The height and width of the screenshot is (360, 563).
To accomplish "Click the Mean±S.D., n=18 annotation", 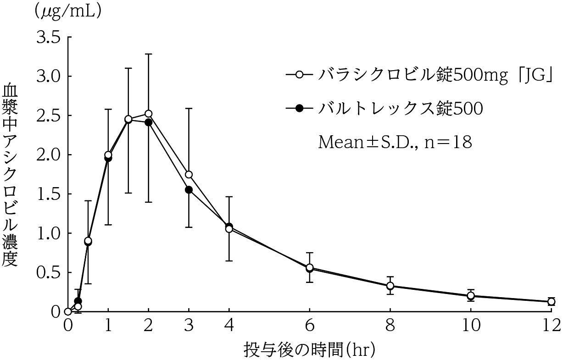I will [395, 142].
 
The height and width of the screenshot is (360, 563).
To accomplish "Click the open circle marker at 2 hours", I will [148, 114].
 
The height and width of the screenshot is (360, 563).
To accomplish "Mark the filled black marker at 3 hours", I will [189, 189].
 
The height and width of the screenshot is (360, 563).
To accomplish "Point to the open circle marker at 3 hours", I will [189, 175].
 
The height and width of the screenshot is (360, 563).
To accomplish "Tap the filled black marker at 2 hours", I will [148, 122].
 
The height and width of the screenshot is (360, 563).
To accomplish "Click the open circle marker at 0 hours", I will [68, 311].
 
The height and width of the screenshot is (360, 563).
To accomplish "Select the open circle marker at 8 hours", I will [390, 286].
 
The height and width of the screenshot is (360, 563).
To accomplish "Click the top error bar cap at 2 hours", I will [148, 54].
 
